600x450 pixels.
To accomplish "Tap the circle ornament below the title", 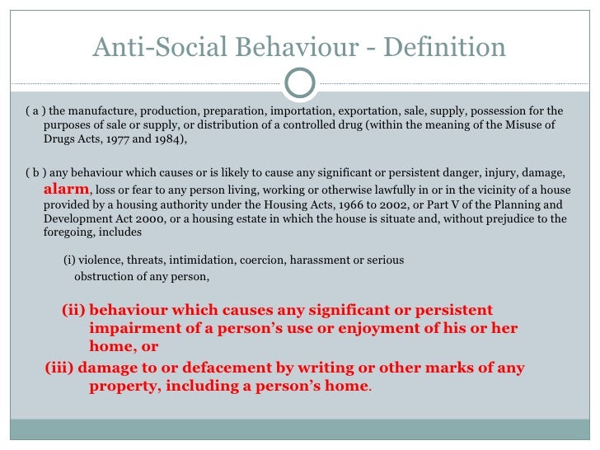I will click(299, 80).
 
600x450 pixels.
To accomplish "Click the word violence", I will click(101, 260).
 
